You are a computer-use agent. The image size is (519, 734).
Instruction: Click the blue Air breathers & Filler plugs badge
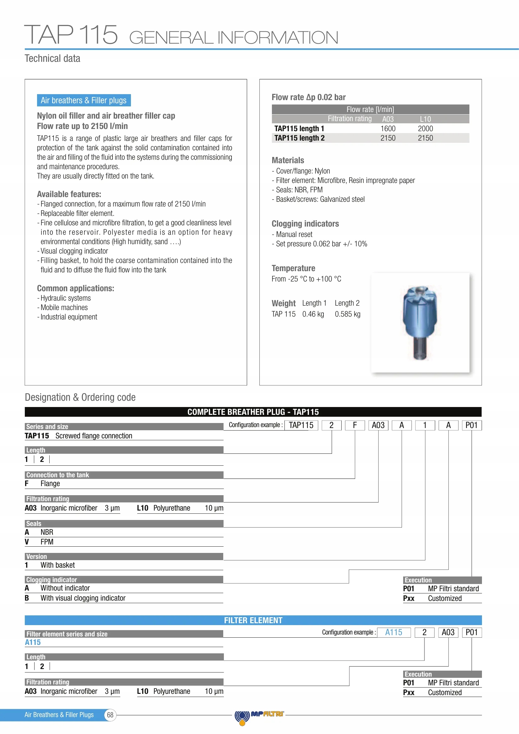click(84, 100)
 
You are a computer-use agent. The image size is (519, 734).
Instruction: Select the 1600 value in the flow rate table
click(387, 129)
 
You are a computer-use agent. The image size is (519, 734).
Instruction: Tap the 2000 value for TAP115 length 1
click(425, 129)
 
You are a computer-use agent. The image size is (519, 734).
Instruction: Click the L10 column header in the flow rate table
click(425, 119)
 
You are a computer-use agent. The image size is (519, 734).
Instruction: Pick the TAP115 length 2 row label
click(299, 138)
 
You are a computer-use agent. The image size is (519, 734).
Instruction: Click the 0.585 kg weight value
click(347, 314)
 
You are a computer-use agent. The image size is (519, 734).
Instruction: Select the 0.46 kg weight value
click(313, 314)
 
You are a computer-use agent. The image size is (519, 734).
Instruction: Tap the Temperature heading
click(293, 268)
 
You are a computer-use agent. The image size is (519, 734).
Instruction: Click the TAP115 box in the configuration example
click(301, 425)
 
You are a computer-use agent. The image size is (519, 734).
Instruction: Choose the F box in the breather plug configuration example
click(354, 425)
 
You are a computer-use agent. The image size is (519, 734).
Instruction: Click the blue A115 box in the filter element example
click(393, 632)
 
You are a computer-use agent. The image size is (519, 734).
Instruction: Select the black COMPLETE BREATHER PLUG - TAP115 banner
click(253, 412)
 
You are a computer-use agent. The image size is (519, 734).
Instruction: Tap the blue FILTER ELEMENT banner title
click(253, 620)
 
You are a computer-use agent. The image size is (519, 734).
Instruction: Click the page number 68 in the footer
click(110, 715)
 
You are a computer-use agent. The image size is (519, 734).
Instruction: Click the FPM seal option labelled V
click(47, 542)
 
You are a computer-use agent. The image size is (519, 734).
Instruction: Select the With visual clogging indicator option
click(83, 598)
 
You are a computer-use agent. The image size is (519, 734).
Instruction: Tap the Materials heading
click(288, 160)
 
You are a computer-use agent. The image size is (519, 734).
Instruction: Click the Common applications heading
click(75, 288)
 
